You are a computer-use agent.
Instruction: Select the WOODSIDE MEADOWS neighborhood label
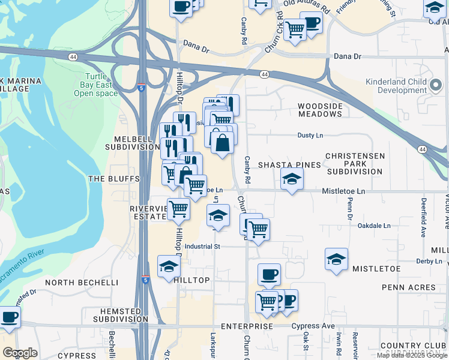[320, 110]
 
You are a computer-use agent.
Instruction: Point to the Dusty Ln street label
[310, 136]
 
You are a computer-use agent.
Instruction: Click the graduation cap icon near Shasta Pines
[292, 179]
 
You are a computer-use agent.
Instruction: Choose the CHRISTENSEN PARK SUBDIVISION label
[354, 163]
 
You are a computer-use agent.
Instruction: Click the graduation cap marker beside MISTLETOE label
[336, 259]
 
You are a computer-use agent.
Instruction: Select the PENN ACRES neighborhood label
[396, 288]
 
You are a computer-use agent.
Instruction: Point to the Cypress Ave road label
[313, 326]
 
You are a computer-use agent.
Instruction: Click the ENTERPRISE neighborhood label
[247, 326]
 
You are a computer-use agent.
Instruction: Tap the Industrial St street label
[202, 246]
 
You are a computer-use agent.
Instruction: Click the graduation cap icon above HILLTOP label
[169, 266]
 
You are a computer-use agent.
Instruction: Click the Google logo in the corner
[20, 352]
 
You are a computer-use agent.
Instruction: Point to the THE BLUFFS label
[113, 179]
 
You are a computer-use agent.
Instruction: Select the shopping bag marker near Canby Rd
[222, 143]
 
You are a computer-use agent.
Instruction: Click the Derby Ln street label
[429, 261]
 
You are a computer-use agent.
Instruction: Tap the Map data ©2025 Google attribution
[412, 355]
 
